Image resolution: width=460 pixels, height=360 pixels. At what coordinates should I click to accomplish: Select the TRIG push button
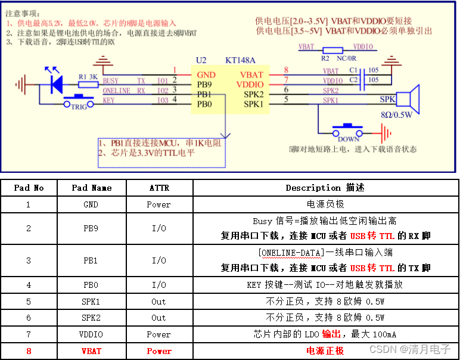pyautogui.click(x=79, y=101)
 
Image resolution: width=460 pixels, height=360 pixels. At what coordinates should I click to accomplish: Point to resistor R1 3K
pyautogui.click(x=88, y=85)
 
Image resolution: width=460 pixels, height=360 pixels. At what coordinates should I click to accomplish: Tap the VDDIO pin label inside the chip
pyautogui.click(x=250, y=85)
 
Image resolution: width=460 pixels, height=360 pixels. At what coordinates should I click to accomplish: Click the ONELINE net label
pyautogui.click(x=117, y=91)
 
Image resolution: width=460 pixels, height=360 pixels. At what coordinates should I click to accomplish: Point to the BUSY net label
pyautogui.click(x=111, y=80)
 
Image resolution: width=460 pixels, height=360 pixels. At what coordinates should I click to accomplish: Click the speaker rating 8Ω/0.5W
pyautogui.click(x=397, y=115)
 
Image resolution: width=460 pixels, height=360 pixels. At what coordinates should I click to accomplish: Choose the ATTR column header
pyautogui.click(x=158, y=187)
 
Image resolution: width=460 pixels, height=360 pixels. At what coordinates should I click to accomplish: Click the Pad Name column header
pyautogui.click(x=91, y=187)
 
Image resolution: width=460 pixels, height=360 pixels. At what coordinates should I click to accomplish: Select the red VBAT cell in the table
pyautogui.click(x=91, y=351)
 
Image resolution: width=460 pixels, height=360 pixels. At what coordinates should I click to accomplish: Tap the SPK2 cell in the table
pyautogui.click(x=91, y=318)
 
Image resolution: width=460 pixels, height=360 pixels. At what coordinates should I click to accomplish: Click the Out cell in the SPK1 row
pyautogui.click(x=158, y=301)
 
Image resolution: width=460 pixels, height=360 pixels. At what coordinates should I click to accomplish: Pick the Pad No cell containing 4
pyautogui.click(x=29, y=285)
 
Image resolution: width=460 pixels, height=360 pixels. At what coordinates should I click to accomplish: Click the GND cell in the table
pyautogui.click(x=91, y=204)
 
